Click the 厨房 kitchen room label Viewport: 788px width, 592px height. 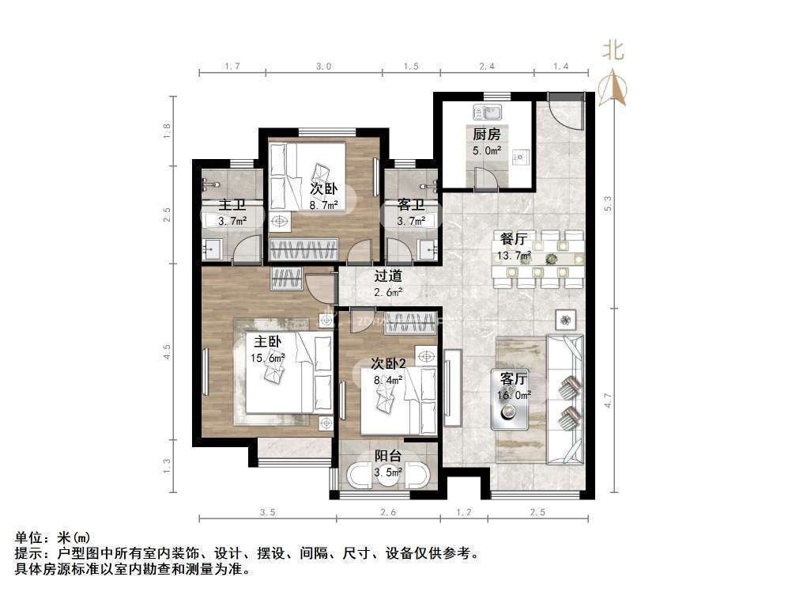[487, 135]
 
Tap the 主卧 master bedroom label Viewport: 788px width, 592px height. [267, 342]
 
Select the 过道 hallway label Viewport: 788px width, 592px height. [388, 276]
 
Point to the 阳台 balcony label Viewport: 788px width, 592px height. [387, 456]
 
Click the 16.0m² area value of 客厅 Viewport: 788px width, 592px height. [512, 394]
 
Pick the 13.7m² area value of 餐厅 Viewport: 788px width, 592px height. [515, 255]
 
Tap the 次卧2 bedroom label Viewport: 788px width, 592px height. [388, 363]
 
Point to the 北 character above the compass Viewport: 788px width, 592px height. [613, 51]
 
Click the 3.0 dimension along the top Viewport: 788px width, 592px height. [323, 66]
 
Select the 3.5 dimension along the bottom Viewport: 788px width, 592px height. [267, 513]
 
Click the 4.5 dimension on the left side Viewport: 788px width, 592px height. [168, 351]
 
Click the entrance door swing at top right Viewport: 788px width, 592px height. [566, 112]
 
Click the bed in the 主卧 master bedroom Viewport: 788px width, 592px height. [288, 372]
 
